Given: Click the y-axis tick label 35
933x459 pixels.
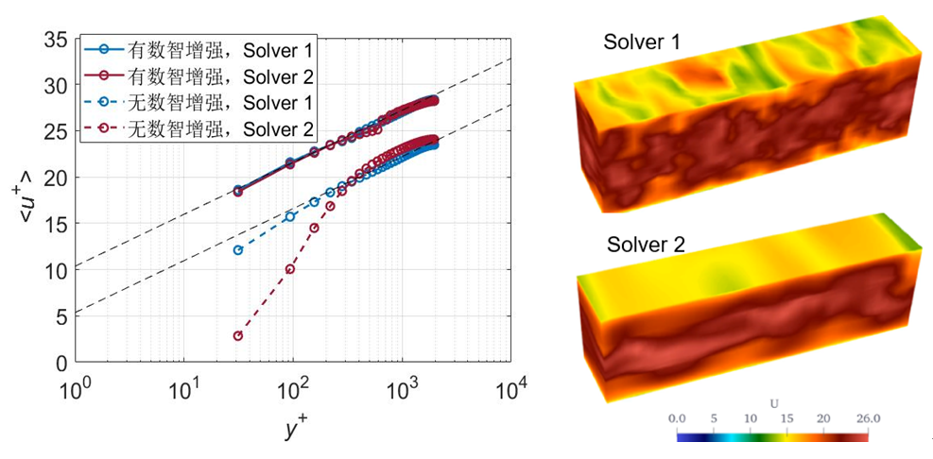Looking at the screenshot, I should click(59, 40).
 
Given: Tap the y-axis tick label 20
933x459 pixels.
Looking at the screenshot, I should click(59, 178).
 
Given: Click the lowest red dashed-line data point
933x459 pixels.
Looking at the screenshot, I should click(238, 335).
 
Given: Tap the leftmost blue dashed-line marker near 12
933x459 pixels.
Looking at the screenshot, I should click(238, 249).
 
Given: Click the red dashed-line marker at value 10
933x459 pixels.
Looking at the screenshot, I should click(290, 269).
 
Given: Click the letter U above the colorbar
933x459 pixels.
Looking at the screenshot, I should click(774, 403).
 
